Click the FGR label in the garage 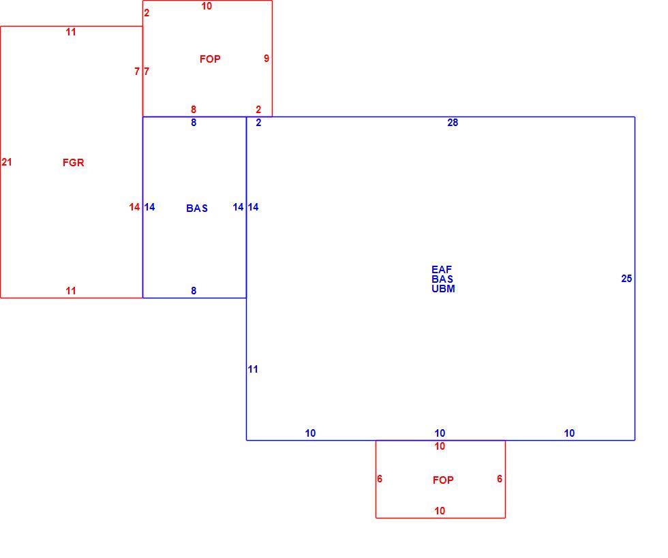[74, 162]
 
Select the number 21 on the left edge [7, 162]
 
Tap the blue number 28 [453, 123]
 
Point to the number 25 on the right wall [626, 279]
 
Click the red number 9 [267, 59]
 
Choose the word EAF [442, 270]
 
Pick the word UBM [443, 288]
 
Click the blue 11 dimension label [253, 369]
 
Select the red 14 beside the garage [135, 207]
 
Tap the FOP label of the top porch [210, 59]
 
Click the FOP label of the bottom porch [443, 480]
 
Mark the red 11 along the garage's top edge [71, 32]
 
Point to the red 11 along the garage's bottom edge [71, 291]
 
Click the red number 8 [194, 110]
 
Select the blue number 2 [258, 123]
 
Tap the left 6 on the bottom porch [380, 479]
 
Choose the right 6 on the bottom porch [499, 479]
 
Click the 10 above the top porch [207, 6]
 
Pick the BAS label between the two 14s [197, 208]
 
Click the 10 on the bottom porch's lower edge [440, 511]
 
